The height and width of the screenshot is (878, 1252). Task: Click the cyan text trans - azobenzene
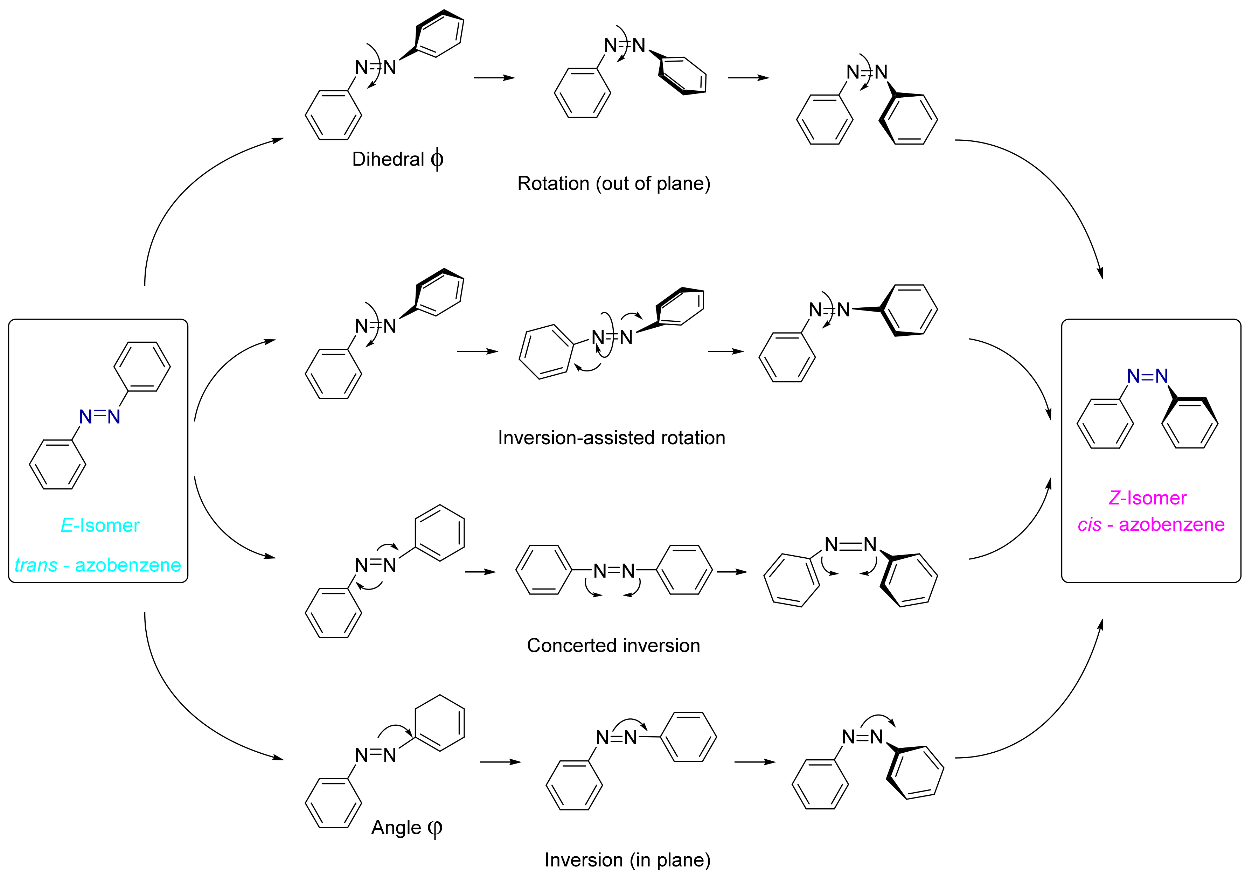click(x=98, y=565)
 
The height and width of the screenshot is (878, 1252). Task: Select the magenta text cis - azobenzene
click(x=1150, y=525)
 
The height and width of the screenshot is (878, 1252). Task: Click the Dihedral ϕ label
click(x=397, y=159)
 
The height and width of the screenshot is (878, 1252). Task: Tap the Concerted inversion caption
click(x=613, y=646)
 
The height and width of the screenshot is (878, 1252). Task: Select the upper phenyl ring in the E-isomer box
click(x=142, y=367)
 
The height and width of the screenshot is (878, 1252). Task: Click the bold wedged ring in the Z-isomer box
click(x=1190, y=423)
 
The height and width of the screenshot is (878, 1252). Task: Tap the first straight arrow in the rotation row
click(x=494, y=78)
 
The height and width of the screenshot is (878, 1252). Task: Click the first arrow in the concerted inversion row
click(x=480, y=572)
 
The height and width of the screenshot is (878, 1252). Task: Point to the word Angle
click(x=396, y=828)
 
